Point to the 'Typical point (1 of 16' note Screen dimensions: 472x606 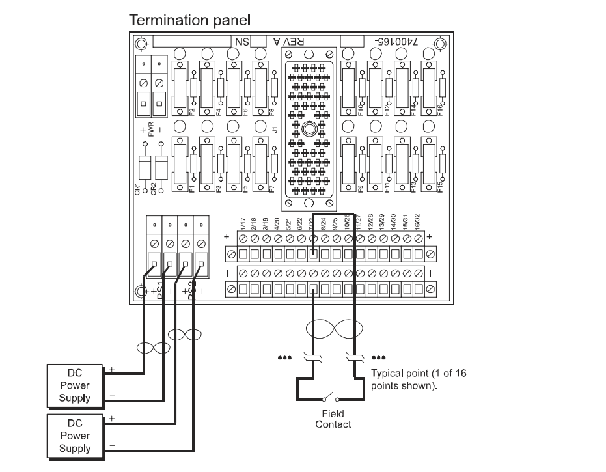click(418, 374)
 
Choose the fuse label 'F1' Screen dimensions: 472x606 click(192, 189)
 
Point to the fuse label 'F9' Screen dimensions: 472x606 click(360, 189)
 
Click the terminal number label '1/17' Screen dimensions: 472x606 click(242, 226)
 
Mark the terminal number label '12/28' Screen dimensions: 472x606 click(370, 226)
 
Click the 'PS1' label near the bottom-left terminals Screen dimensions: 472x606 click(159, 288)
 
